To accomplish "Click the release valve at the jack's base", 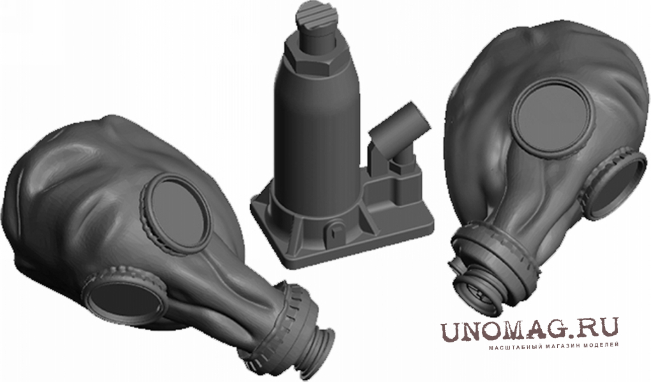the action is point(335,230).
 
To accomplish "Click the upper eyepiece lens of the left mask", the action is point(176,214).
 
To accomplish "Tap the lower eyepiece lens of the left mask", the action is point(124,299).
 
